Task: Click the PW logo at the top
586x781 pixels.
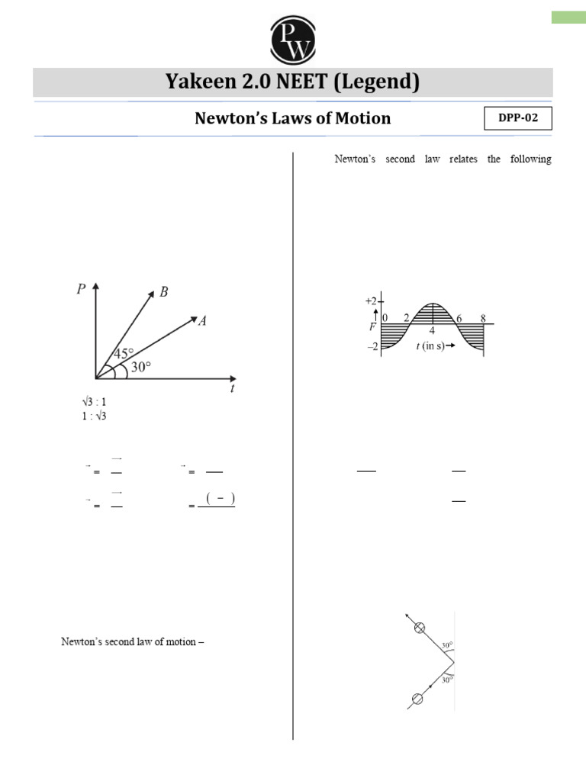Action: (293, 40)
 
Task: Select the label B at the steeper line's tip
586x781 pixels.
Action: (163, 293)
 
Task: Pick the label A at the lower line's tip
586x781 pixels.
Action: (202, 321)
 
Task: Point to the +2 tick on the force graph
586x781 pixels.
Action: (372, 302)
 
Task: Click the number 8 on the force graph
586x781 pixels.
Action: (482, 317)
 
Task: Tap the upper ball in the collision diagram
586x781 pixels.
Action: (419, 628)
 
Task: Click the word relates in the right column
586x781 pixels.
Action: (446, 160)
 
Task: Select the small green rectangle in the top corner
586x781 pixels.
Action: (568, 18)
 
